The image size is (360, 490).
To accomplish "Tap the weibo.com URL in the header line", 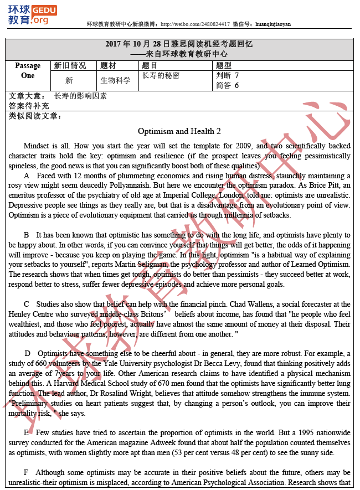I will pyautogui.click(x=193, y=24).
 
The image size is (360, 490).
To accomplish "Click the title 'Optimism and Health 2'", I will pyautogui.click(x=179, y=131).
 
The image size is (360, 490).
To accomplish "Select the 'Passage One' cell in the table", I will pyautogui.click(x=28, y=71).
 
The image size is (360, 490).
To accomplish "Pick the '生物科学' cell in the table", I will pyautogui.click(x=116, y=80).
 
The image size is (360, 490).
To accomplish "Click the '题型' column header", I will pyautogui.click(x=224, y=65).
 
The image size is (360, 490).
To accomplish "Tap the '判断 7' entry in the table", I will pyautogui.click(x=228, y=75).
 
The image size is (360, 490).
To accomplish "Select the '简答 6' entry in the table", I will pyautogui.click(x=228, y=85).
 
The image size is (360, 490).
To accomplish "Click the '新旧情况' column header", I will pyautogui.click(x=70, y=65).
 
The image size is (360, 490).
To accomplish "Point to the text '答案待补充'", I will pyautogui.click(x=29, y=106).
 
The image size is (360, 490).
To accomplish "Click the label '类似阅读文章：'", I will pyautogui.click(x=35, y=116).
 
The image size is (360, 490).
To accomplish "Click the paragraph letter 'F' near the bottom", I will pyautogui.click(x=25, y=472).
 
